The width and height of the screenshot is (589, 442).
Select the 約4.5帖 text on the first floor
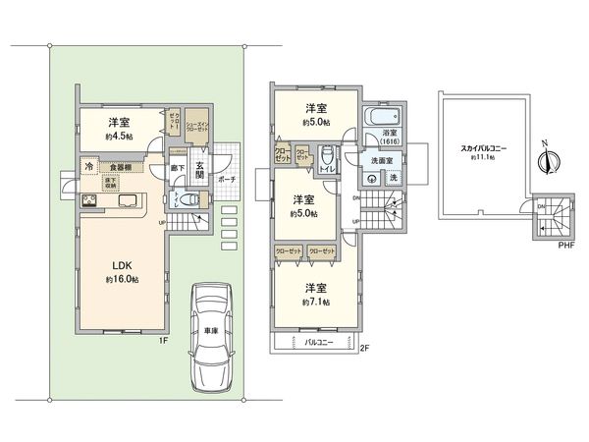tap(122, 137)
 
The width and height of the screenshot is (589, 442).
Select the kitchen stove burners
tap(89, 202)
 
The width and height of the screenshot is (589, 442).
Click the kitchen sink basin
tap(129, 201)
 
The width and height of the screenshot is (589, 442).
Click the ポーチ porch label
tap(226, 181)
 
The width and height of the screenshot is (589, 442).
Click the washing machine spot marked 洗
tap(393, 178)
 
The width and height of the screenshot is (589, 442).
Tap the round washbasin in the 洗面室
tap(372, 179)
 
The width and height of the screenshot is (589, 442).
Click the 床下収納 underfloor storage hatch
tap(112, 184)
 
